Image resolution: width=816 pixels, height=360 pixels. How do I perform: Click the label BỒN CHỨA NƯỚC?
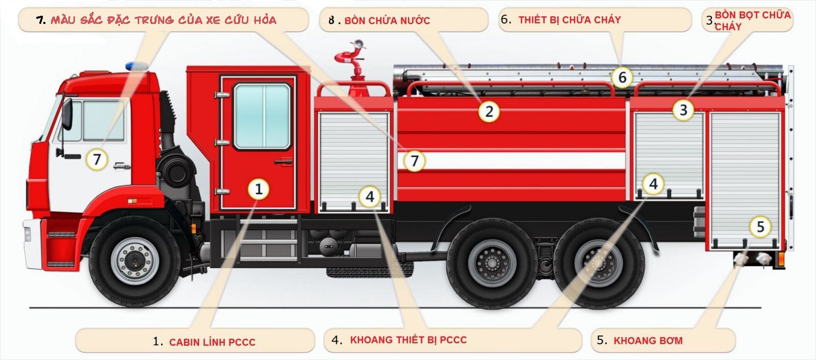coord(387,20)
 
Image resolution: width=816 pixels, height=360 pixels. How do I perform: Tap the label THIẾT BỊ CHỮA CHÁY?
coord(569,20)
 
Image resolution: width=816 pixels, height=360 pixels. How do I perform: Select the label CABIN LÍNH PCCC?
coord(212,342)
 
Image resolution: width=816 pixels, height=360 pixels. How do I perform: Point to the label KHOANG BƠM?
coord(648,341)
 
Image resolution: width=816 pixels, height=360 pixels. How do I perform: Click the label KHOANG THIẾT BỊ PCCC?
coord(409,340)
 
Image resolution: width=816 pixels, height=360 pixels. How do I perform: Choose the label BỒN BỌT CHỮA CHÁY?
coord(753,21)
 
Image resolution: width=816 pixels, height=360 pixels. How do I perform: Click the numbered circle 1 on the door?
coord(259,190)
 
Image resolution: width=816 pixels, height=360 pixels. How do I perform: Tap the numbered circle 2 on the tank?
coord(489,112)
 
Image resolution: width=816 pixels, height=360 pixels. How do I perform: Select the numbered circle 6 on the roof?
coord(622,77)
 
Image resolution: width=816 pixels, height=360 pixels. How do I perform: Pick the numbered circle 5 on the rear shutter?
coord(760,226)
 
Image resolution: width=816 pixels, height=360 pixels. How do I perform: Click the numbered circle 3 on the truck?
coord(683,110)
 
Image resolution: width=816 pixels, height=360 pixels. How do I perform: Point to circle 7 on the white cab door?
coord(96,159)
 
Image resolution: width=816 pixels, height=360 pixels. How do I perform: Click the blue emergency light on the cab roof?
coord(137,66)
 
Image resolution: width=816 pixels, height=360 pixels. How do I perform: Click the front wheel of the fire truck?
coord(135,261)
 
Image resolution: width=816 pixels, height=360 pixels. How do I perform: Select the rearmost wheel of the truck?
coord(599,263)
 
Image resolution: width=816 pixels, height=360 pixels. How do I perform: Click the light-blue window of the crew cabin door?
coord(262,116)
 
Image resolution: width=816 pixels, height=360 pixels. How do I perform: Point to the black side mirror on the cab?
coord(67,114)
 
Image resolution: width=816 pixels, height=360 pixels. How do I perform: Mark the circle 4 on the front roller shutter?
coord(370,197)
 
